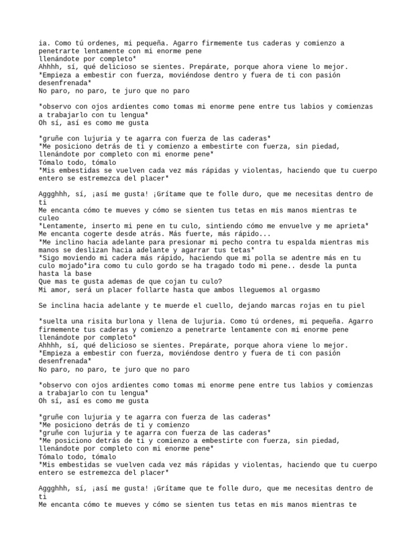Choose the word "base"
coord(79,274)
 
